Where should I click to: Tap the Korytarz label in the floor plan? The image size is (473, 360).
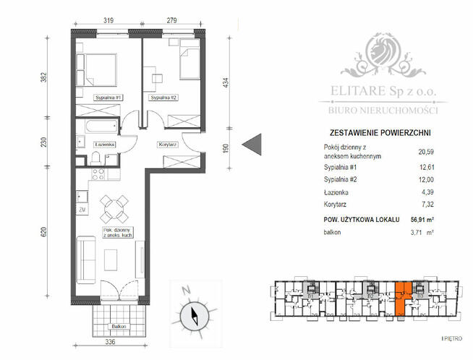click(168, 145)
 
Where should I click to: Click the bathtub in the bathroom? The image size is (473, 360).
click(98, 128)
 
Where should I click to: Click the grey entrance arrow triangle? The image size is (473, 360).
click(251, 144)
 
